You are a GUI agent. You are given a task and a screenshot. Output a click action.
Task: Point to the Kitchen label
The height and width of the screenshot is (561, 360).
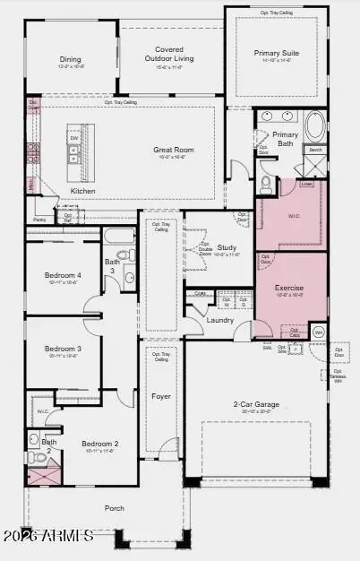84,191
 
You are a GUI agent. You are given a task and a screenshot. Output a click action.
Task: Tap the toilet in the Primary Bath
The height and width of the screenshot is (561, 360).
266,184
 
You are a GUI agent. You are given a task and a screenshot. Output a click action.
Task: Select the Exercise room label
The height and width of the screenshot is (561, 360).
289,288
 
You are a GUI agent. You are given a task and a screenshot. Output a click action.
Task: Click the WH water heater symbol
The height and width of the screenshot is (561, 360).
318,332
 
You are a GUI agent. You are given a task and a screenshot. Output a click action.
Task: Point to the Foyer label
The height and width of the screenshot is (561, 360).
161,395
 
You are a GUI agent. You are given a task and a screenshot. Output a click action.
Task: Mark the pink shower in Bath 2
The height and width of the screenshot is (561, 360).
42,473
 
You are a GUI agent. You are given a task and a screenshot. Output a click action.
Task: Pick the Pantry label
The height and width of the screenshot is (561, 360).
39,219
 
